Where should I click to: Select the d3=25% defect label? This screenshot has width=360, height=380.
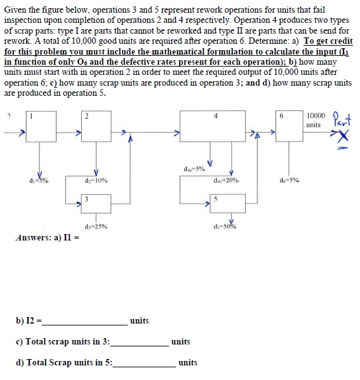pos(95,226)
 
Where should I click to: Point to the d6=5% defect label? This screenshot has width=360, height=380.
pos(290,180)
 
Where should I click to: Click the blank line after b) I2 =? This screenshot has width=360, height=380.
pos(87,322)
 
